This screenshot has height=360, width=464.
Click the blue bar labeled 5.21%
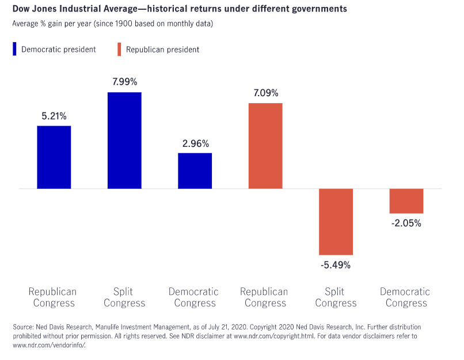click(x=54, y=157)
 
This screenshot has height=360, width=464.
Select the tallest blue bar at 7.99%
click(x=124, y=141)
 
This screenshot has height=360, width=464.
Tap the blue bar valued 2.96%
click(x=195, y=171)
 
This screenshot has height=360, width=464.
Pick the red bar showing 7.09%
click(x=265, y=146)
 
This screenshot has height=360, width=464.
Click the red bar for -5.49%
click(x=336, y=222)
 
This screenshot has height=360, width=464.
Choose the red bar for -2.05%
click(x=406, y=201)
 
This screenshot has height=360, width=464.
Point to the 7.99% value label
click(x=125, y=82)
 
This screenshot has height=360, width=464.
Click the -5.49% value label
click(x=336, y=265)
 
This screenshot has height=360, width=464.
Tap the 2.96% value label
click(x=196, y=143)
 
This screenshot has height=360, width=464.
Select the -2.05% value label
click(x=406, y=223)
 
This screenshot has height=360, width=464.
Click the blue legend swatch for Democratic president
click(x=14, y=49)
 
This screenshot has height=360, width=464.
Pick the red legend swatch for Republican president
click(x=119, y=49)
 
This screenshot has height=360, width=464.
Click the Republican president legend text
click(x=162, y=50)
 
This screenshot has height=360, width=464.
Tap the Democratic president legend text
click(x=59, y=50)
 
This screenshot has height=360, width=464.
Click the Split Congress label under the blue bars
click(x=124, y=297)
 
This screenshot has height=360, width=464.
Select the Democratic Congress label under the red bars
click(x=405, y=297)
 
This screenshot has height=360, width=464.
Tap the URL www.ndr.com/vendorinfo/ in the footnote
click(x=49, y=345)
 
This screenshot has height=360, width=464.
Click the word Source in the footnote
click(x=23, y=327)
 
